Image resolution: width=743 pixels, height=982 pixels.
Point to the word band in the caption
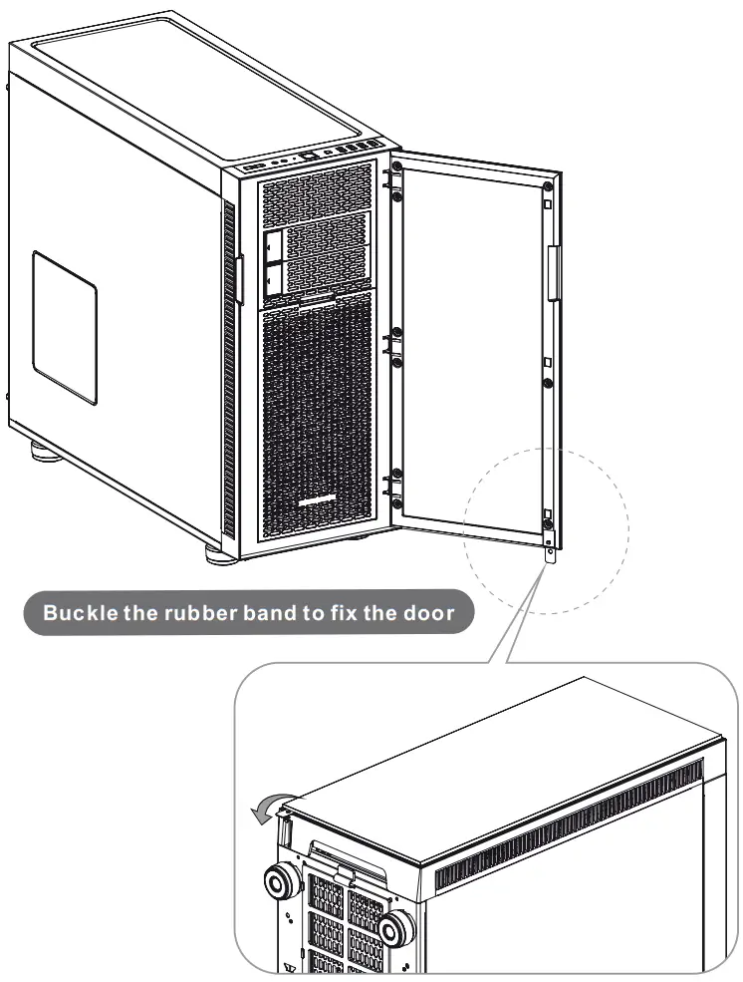(x=268, y=612)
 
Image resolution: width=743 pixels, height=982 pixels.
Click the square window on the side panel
(x=64, y=327)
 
